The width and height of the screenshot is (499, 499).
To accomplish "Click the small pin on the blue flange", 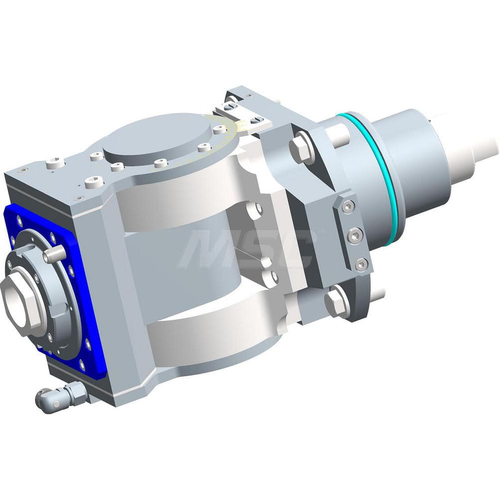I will pyautogui.click(x=55, y=254).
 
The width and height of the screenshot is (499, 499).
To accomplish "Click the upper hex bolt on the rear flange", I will pyautogui.click(x=302, y=148).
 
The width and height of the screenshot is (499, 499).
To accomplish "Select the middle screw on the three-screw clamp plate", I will pyautogui.click(x=355, y=235).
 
